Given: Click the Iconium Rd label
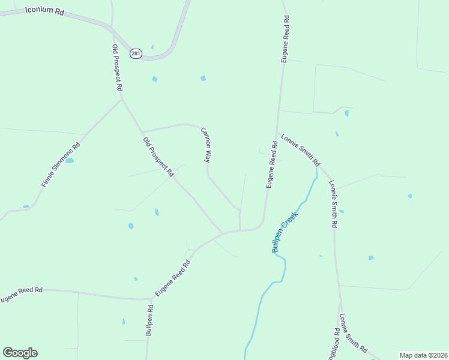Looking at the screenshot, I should (x=45, y=11).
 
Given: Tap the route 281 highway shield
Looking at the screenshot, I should (x=136, y=53).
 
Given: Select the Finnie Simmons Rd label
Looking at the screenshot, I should (x=61, y=165).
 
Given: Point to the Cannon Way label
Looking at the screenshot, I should (x=206, y=145).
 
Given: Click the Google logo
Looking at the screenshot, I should (x=20, y=353).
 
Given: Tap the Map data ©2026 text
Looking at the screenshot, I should (x=423, y=355).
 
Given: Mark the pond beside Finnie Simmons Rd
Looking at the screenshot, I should (x=70, y=161).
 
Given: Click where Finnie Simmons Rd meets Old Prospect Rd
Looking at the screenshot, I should (x=122, y=100).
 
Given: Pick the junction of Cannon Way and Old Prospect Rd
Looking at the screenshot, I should (x=142, y=132).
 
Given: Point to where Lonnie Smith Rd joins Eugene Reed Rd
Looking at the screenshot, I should (x=276, y=134).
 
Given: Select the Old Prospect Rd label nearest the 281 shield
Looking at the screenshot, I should (x=118, y=67).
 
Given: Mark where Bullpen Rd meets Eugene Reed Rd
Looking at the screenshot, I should (x=150, y=298).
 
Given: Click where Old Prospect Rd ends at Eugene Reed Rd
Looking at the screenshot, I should (x=223, y=233).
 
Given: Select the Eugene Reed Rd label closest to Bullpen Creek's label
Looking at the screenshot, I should (x=271, y=165).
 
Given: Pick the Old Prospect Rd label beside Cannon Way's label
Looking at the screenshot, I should (x=158, y=157).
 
